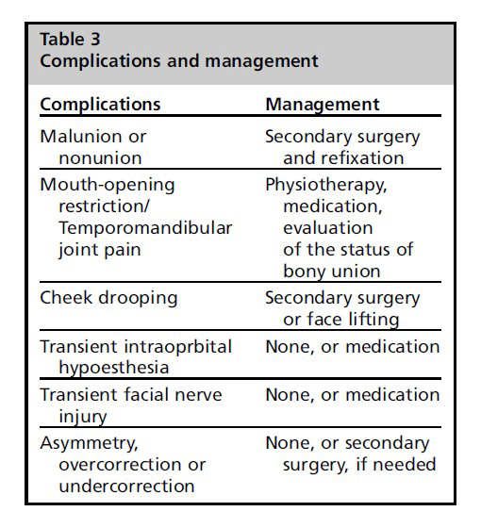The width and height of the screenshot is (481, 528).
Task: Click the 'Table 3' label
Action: click(70, 39)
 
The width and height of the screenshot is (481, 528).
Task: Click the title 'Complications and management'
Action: click(179, 61)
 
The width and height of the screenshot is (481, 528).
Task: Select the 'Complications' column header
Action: click(100, 105)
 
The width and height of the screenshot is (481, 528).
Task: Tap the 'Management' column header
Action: click(323, 104)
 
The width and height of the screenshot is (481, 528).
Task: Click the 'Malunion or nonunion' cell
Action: click(93, 147)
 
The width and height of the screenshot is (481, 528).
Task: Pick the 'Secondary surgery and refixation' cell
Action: click(342, 147)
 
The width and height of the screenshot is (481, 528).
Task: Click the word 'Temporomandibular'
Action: click(145, 228)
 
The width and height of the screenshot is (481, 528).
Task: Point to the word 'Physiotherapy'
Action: click(325, 186)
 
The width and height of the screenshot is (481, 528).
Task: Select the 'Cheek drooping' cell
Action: click(108, 298)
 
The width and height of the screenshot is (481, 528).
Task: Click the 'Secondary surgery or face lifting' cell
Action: click(342, 308)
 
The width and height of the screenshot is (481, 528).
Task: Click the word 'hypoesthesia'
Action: click(114, 368)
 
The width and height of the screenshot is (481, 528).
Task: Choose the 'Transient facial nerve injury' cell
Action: click(131, 405)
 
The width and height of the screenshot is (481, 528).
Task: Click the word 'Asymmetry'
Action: click(89, 443)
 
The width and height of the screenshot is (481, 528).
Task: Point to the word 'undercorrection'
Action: click(126, 487)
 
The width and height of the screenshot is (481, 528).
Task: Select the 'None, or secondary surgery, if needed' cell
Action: click(351, 454)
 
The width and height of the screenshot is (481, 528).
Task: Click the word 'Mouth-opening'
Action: click(108, 186)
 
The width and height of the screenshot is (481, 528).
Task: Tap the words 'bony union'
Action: click(332, 272)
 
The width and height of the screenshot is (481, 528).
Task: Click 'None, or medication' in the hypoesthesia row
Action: click(353, 347)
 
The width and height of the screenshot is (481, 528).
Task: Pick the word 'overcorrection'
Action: click(120, 465)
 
